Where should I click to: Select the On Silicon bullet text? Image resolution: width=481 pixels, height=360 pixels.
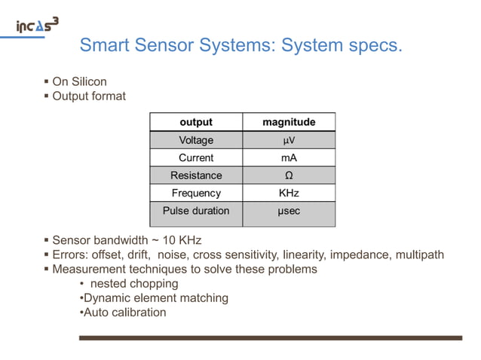click(79, 81)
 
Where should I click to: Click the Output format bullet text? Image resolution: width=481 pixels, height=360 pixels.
click(88, 96)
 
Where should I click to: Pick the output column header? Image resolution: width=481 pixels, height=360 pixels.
click(196, 122)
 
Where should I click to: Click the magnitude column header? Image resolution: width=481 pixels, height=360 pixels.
click(289, 122)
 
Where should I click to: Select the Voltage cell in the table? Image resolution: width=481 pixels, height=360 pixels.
click(196, 140)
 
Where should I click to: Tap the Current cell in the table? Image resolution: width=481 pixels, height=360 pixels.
click(196, 157)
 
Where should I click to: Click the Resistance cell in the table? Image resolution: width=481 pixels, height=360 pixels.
click(196, 175)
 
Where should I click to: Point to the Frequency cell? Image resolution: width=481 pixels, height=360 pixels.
click(196, 193)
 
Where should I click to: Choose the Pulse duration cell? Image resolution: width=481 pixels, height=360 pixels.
click(196, 211)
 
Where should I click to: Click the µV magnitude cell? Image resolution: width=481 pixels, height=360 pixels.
click(289, 140)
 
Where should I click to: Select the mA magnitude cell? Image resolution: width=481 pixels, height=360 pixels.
click(289, 157)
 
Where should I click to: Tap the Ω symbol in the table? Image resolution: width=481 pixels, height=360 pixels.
click(289, 175)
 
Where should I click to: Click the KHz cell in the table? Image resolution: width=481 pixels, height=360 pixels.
click(289, 193)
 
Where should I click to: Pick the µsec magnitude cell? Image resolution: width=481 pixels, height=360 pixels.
click(289, 211)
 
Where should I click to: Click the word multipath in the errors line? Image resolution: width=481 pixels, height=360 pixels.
click(418, 255)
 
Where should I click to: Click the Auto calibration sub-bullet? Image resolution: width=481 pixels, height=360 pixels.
click(124, 313)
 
